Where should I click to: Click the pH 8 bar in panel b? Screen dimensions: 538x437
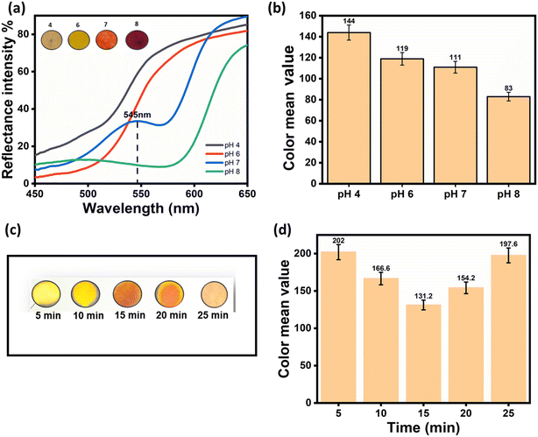[508, 140]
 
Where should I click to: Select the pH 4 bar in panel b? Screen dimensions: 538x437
[349, 108]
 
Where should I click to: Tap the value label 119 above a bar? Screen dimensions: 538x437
[402, 49]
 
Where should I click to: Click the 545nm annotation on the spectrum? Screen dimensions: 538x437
[138, 115]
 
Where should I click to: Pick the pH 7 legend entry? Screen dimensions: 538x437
[223, 162]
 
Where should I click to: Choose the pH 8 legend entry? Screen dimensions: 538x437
[223, 172]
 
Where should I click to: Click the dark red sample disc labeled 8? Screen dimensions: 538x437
[137, 39]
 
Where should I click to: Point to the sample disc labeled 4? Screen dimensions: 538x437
[51, 39]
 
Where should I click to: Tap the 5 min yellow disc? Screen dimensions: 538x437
[46, 294]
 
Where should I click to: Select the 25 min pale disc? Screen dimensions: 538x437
[214, 295]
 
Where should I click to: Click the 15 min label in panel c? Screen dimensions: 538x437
[129, 315]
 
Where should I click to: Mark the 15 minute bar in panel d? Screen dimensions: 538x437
[423, 353]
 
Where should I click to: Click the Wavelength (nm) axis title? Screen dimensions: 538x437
[141, 208]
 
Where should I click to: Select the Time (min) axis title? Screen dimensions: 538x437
[423, 427]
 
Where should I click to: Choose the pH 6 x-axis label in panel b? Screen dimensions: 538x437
[402, 194]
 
